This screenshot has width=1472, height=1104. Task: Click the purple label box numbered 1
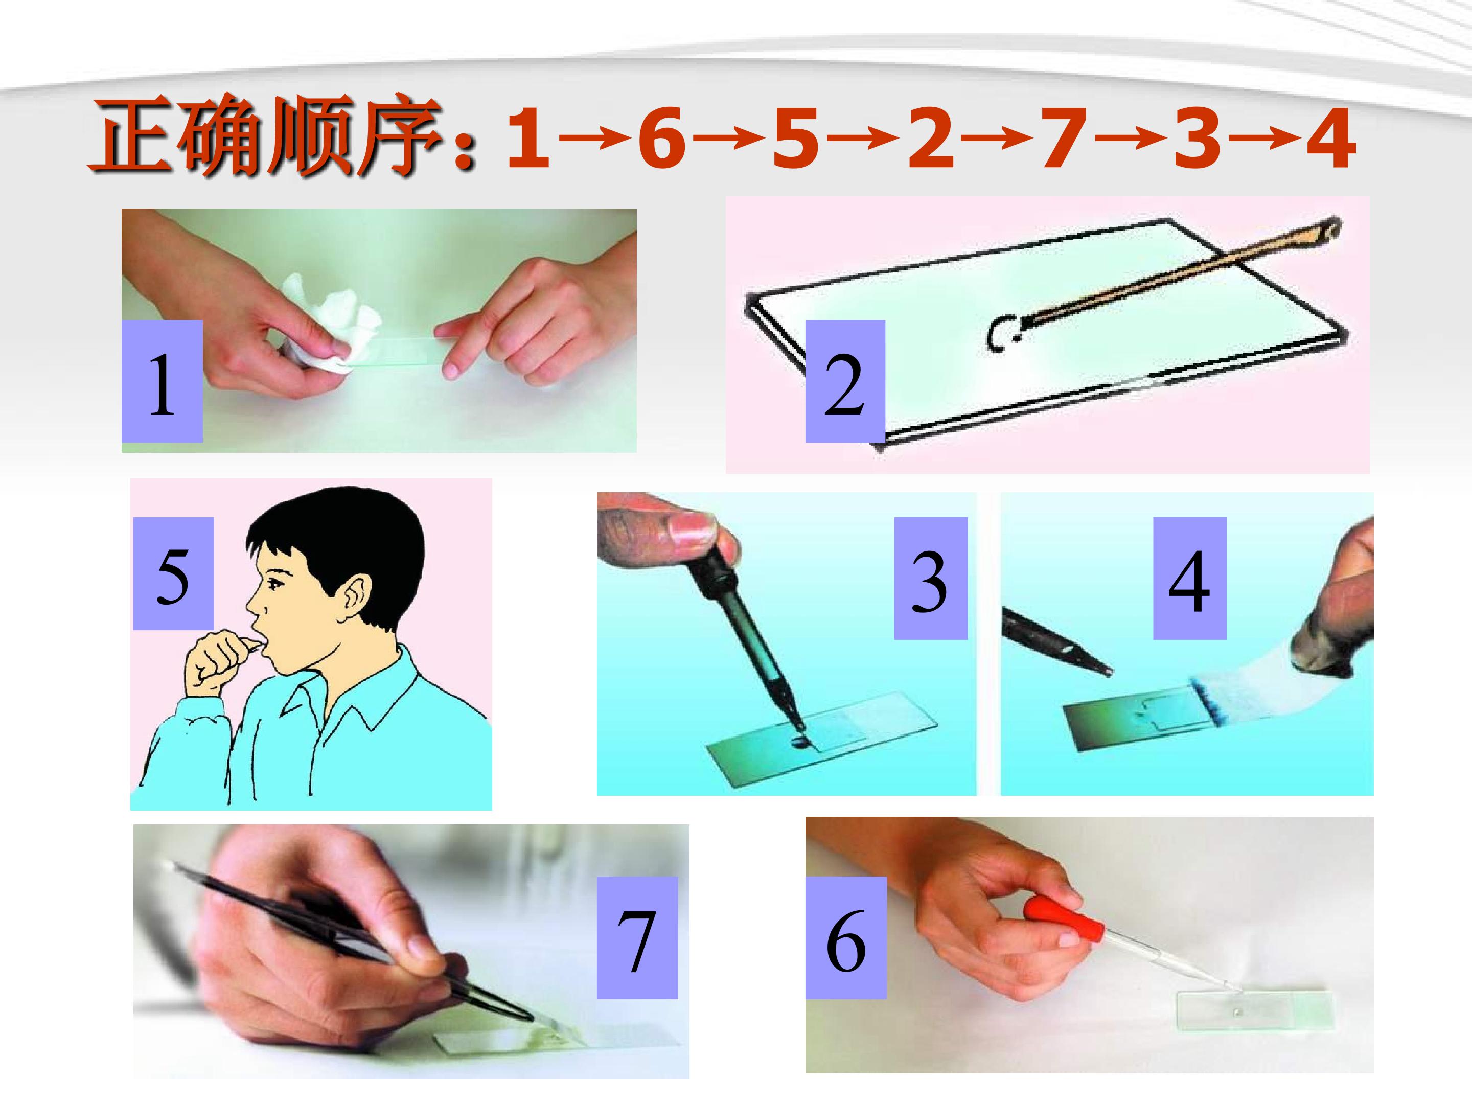point(162,381)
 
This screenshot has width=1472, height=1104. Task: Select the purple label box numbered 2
point(845,381)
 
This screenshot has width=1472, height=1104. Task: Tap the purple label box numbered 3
point(930,578)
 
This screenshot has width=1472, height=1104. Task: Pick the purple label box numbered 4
point(1189,578)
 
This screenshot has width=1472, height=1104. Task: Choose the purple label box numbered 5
point(173,573)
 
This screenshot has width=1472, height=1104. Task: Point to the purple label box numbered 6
point(846,938)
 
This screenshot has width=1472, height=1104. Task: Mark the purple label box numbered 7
point(637,938)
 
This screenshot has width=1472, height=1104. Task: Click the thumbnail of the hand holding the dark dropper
point(787,643)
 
